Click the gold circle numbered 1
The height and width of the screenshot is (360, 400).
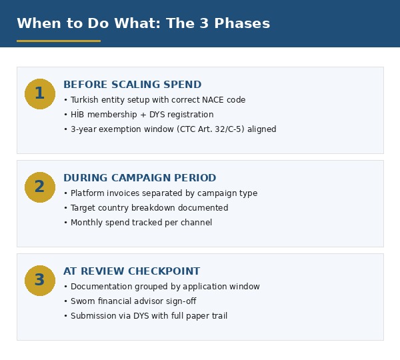40,94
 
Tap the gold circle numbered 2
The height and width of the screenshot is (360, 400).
40,187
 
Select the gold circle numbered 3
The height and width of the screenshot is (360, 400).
40,281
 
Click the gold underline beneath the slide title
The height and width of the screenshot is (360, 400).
59,41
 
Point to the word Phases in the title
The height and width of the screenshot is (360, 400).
242,23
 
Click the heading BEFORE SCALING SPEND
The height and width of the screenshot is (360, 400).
133,85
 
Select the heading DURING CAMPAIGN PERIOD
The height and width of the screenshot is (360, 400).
140,178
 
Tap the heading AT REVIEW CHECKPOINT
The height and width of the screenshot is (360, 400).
131,271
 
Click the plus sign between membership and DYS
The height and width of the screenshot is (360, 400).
143,115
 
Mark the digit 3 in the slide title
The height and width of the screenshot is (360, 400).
204,23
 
